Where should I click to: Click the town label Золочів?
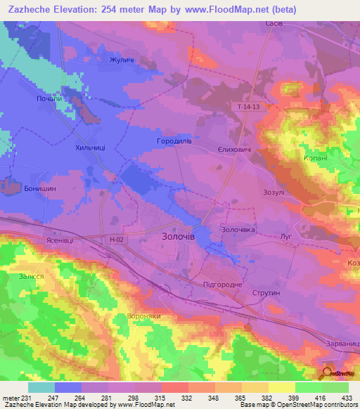(x=175, y=238)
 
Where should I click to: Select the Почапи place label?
(x=49, y=99)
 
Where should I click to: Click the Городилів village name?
(x=174, y=141)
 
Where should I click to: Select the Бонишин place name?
(x=40, y=189)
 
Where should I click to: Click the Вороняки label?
(x=146, y=316)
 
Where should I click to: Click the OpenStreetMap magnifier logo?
(x=328, y=372)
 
